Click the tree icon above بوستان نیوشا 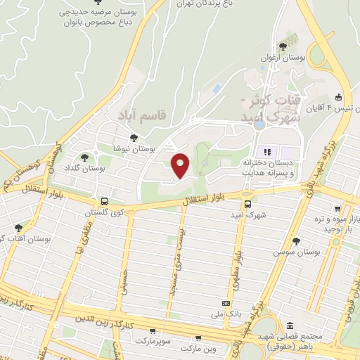[x=131, y=138]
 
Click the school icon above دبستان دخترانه [x=267, y=152]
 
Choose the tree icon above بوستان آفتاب [x=18, y=228]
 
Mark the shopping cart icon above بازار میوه [x=339, y=209]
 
